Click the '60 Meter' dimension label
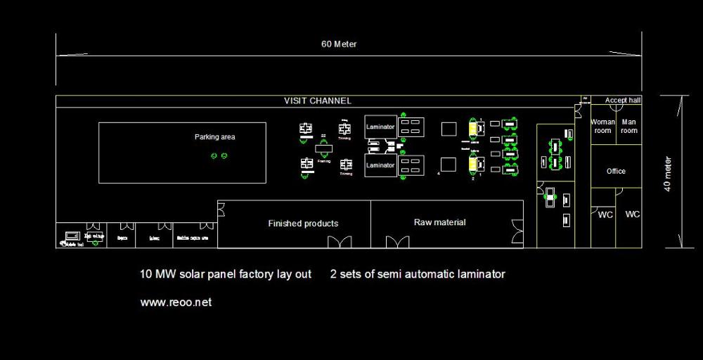click(x=339, y=44)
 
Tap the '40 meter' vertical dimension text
click(x=668, y=174)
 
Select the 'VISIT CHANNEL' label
click(x=317, y=101)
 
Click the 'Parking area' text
click(x=214, y=137)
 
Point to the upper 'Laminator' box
click(x=380, y=127)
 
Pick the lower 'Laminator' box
click(x=380, y=165)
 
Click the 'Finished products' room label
click(x=303, y=224)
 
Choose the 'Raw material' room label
click(x=439, y=222)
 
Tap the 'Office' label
click(x=616, y=171)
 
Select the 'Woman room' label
click(x=602, y=127)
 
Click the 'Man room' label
click(x=629, y=127)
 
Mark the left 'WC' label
click(x=605, y=215)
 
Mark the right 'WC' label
click(x=633, y=214)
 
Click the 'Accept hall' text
click(x=623, y=101)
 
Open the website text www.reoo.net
click(x=176, y=302)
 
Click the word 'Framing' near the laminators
click(x=324, y=161)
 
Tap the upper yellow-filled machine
click(x=472, y=129)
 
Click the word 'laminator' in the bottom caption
click(x=482, y=274)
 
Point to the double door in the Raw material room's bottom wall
click(x=397, y=242)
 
